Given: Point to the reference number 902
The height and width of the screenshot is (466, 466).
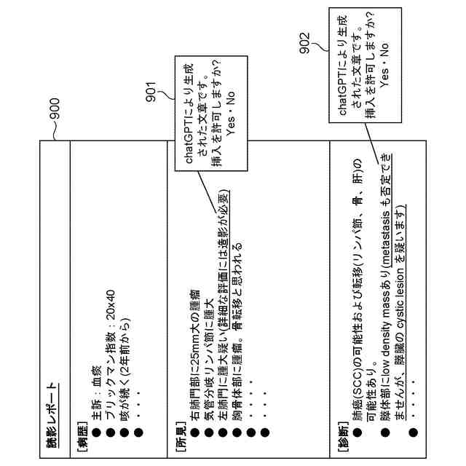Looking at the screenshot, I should pos(304,41).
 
